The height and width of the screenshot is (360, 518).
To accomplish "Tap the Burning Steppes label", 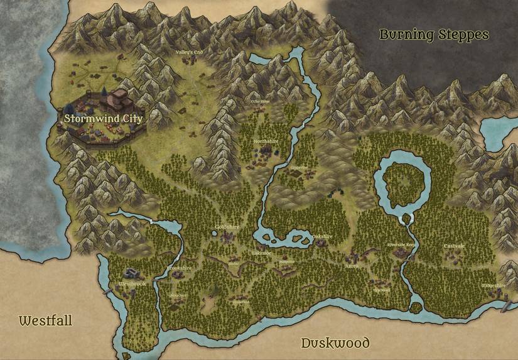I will [434, 35].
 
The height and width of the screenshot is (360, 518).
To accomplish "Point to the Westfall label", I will [45, 321].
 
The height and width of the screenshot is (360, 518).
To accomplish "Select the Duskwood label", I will [335, 343].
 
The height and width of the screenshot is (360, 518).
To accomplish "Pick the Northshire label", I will [266, 142].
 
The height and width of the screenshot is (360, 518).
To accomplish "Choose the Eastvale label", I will [454, 246].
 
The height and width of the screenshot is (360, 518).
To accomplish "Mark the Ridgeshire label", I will [494, 285].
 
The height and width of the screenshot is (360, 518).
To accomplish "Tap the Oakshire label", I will [321, 237].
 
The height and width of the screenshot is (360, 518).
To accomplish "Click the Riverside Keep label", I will [401, 244].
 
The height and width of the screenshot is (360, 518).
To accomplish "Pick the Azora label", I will [351, 266].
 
